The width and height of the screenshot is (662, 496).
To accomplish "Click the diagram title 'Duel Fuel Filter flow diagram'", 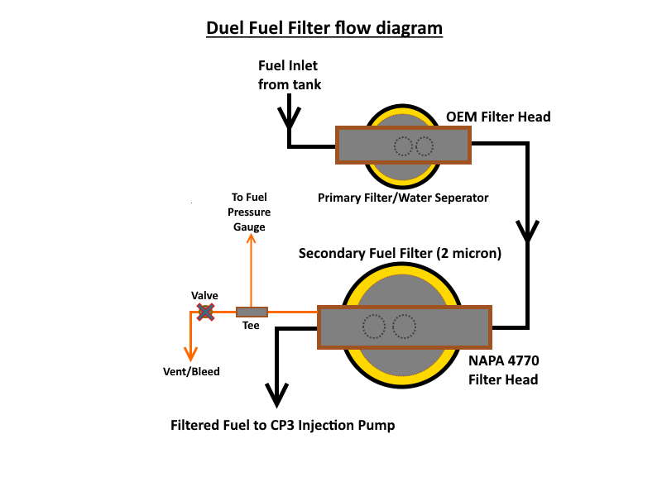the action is (x=324, y=28).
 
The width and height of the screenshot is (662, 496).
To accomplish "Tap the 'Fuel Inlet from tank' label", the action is (x=290, y=75).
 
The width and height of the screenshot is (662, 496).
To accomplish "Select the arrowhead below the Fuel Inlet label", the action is (x=289, y=118).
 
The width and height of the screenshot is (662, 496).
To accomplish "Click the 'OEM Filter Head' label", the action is (x=498, y=117).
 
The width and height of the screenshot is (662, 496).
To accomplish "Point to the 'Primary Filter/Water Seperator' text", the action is (x=403, y=198).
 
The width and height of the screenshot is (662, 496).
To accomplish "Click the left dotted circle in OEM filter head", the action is (x=403, y=146).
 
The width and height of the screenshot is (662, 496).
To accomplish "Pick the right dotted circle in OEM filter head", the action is (x=425, y=146).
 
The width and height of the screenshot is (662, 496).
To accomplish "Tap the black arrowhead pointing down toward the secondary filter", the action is (x=527, y=231).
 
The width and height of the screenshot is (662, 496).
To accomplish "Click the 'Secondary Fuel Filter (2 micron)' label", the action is (x=400, y=253).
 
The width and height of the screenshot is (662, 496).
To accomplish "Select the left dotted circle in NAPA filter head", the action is (x=374, y=327).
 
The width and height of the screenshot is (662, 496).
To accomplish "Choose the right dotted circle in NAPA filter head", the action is (x=404, y=327).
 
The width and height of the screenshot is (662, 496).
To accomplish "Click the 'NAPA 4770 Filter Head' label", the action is (x=504, y=370).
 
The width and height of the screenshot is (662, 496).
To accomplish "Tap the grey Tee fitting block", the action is (x=252, y=312).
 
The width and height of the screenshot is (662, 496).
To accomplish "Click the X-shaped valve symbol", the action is (x=205, y=312).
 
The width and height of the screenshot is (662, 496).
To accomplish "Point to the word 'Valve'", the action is (x=204, y=295).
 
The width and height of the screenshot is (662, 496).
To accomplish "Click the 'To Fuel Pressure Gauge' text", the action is (x=249, y=212).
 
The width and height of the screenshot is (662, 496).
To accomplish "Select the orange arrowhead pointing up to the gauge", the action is (x=252, y=239).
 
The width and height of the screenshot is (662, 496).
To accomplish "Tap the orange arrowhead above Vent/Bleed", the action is (x=191, y=355).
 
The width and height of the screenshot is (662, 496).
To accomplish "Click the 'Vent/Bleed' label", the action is (x=191, y=371).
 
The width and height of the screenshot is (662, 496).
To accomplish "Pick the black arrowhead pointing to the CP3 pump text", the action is (x=276, y=395).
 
